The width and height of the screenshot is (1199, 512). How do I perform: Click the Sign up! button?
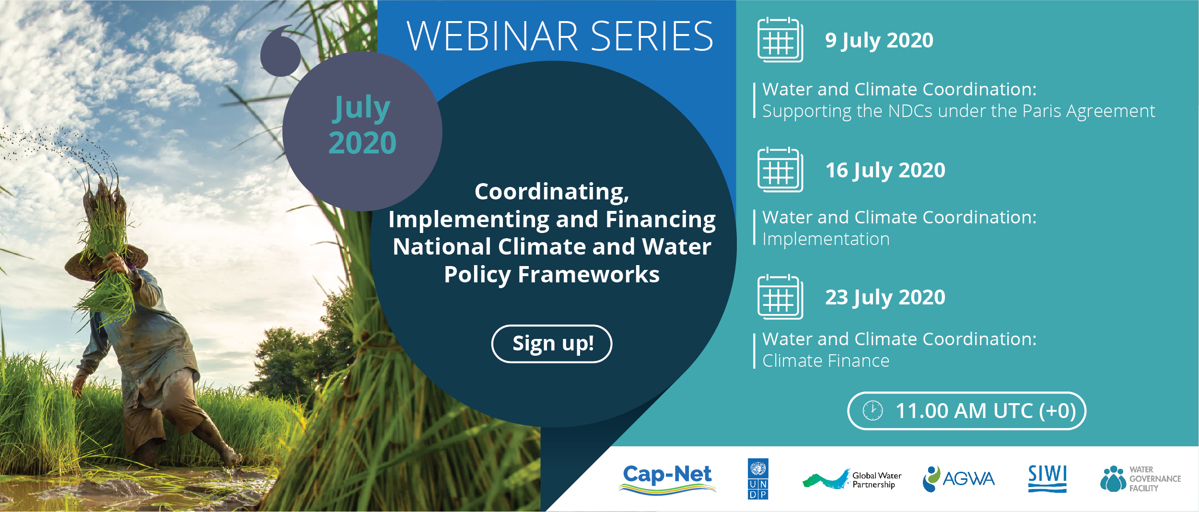(x=552, y=344)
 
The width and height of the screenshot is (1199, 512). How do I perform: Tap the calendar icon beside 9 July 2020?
(x=780, y=40)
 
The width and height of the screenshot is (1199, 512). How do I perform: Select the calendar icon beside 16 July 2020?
(x=780, y=170)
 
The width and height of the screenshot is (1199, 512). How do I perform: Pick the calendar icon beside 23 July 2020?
(x=780, y=297)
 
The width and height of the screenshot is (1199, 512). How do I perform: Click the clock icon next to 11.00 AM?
(x=873, y=411)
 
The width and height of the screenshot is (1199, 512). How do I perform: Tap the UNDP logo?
(x=758, y=479)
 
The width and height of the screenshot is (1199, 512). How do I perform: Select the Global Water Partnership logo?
(x=852, y=479)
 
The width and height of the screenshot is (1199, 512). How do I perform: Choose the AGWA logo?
(x=959, y=479)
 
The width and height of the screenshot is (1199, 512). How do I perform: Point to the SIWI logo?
(x=1048, y=478)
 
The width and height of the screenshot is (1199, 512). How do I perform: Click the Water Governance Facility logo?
(x=1141, y=479)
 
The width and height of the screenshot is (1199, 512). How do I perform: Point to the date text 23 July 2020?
(x=885, y=298)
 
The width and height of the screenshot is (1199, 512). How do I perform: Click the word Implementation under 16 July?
(x=826, y=239)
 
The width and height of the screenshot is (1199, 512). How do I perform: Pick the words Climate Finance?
(x=826, y=361)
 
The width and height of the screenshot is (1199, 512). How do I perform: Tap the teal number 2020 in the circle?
(x=362, y=143)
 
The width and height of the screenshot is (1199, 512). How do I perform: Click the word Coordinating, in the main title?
(x=552, y=192)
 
